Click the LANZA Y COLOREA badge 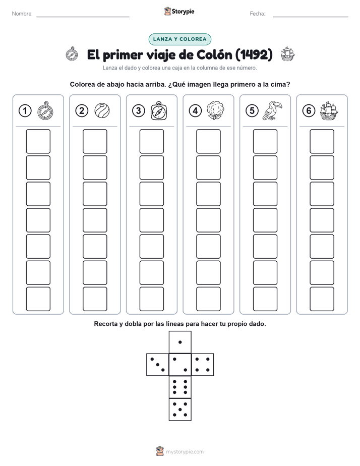[179, 39]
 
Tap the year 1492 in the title [254, 54]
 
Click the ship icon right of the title [287, 54]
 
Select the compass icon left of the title [72, 54]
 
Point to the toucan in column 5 [272, 110]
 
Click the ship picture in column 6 [329, 110]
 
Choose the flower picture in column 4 [215, 110]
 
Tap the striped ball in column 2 [102, 110]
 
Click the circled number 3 [139, 111]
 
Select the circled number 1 [25, 111]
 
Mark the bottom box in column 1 [38, 299]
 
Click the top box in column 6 [322, 141]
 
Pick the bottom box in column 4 [208, 299]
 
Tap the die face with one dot [180, 342]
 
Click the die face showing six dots [180, 387]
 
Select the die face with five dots [180, 409]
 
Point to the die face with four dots [202, 365]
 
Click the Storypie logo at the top [179, 11]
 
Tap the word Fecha [258, 14]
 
